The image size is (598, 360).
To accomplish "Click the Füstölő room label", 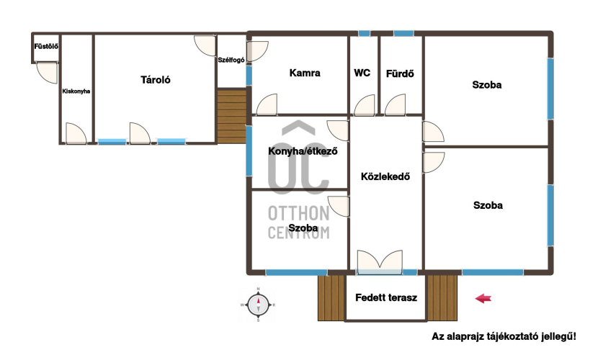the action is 46,47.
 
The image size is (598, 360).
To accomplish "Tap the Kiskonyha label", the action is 76,91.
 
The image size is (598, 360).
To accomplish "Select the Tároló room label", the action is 155,80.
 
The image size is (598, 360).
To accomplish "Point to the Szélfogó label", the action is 231,60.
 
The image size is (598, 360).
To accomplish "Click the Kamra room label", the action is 305,73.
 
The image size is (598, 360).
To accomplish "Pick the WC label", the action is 362,73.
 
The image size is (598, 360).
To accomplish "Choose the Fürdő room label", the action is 400,73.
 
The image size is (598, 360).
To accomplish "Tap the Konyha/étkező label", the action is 303,151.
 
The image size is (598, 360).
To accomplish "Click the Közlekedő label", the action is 385,176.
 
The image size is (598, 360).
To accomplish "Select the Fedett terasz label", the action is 386,297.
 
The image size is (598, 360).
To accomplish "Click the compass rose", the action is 258,305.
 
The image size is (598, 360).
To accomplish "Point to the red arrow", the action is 483,298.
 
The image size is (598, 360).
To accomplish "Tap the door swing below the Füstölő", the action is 47,73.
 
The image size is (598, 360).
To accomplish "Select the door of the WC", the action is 365,105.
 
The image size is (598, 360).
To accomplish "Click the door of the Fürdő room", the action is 395,105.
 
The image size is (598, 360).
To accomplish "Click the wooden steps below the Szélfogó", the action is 232,116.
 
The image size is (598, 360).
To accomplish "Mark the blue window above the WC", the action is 365,34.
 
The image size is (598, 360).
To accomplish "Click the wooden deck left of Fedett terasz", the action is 331,298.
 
